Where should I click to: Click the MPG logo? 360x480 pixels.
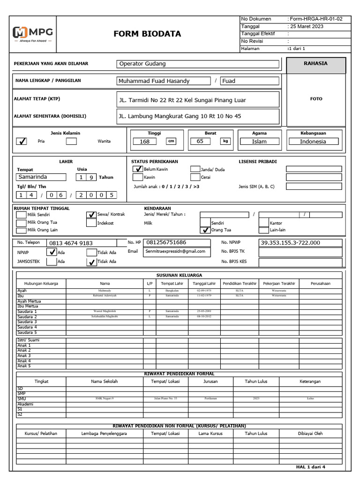tap(33, 34)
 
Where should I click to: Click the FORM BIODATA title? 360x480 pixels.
tap(147, 34)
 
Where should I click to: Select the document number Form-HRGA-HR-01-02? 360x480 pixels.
tap(316, 19)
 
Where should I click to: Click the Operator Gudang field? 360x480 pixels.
tap(197, 64)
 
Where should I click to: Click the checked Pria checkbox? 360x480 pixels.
tap(22, 141)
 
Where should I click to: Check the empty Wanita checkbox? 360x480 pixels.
tap(71, 141)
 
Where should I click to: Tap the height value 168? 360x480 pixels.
tap(145, 142)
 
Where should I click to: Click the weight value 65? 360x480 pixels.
tap(200, 141)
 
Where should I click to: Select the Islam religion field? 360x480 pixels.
tap(259, 142)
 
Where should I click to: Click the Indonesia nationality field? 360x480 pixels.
tap(313, 142)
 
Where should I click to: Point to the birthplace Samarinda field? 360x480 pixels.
tap(41, 177)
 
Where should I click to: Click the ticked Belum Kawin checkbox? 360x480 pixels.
tap(137, 169)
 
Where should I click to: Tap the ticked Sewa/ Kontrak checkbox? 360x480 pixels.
tap(91, 215)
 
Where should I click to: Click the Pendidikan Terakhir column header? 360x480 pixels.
tap(239, 283)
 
